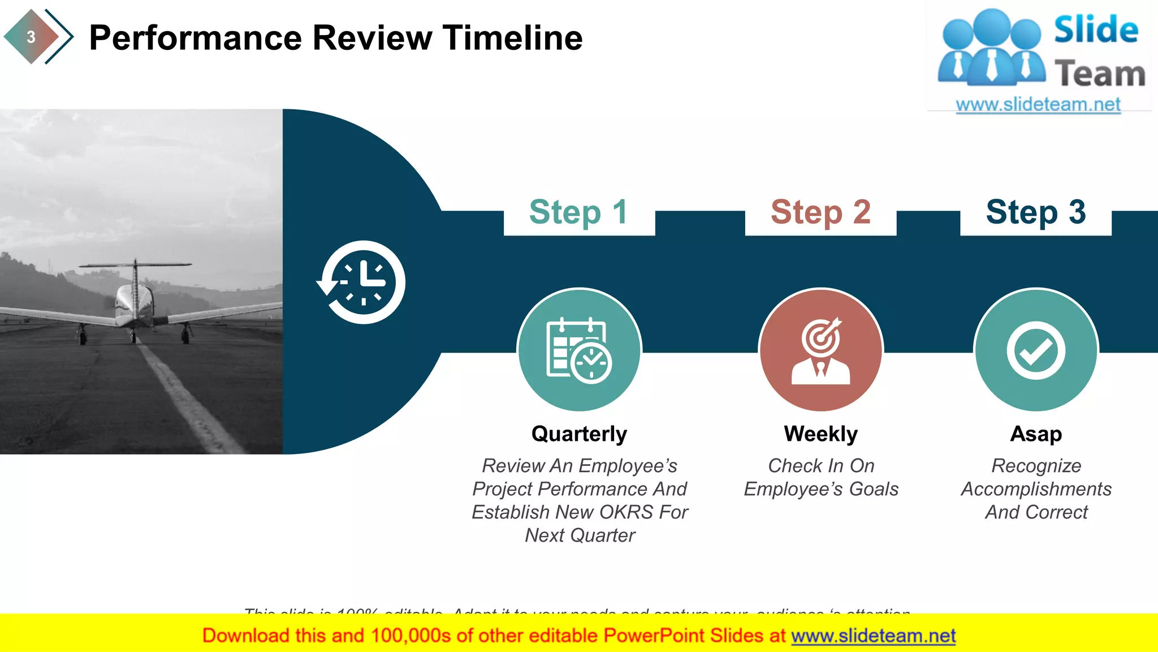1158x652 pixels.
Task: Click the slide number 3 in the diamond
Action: click(x=31, y=37)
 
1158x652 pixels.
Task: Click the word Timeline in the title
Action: click(x=512, y=38)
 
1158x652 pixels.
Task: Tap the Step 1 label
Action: click(x=578, y=212)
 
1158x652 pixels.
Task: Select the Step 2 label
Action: click(x=820, y=212)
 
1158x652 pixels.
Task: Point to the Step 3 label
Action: click(x=1035, y=212)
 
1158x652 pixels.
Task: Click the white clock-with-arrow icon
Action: click(x=362, y=282)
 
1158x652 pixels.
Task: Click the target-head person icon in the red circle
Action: click(x=820, y=351)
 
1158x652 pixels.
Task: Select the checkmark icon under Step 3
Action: click(x=1035, y=350)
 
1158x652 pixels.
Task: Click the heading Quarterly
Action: click(x=579, y=434)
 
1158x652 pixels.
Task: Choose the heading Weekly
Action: click(x=820, y=434)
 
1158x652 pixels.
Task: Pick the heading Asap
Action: click(x=1036, y=434)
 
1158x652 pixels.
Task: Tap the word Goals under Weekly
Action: click(x=874, y=489)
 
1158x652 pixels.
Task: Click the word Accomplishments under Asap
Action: click(x=1036, y=489)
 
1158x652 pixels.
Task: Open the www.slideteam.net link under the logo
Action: click(x=1038, y=105)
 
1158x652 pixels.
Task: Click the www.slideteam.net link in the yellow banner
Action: click(x=873, y=636)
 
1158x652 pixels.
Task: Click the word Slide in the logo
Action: click(x=1095, y=30)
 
